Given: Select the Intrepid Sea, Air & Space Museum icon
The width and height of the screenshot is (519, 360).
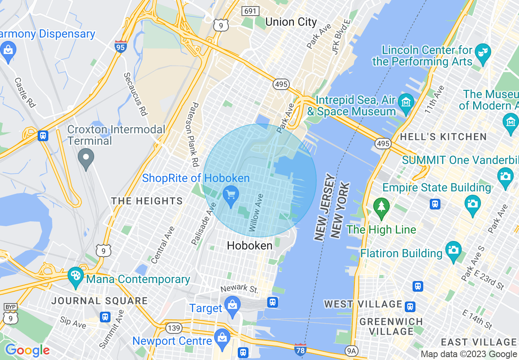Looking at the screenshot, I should [406, 102].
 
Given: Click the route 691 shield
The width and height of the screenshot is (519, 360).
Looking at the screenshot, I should [249, 11].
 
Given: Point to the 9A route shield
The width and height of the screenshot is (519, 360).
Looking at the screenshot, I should [351, 351].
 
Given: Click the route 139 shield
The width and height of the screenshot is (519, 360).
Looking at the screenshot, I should [173, 328].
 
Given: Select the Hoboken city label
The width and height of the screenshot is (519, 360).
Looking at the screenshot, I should [249, 245].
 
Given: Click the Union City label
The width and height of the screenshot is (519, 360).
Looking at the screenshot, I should [291, 22].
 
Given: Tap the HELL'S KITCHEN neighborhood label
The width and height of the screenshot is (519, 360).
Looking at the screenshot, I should [443, 137].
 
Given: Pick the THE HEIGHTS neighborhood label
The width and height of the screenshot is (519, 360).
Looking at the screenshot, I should [147, 201].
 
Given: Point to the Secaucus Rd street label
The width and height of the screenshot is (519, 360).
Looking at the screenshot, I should [135, 94].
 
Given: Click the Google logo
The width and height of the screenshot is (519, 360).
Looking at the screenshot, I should [27, 350].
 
